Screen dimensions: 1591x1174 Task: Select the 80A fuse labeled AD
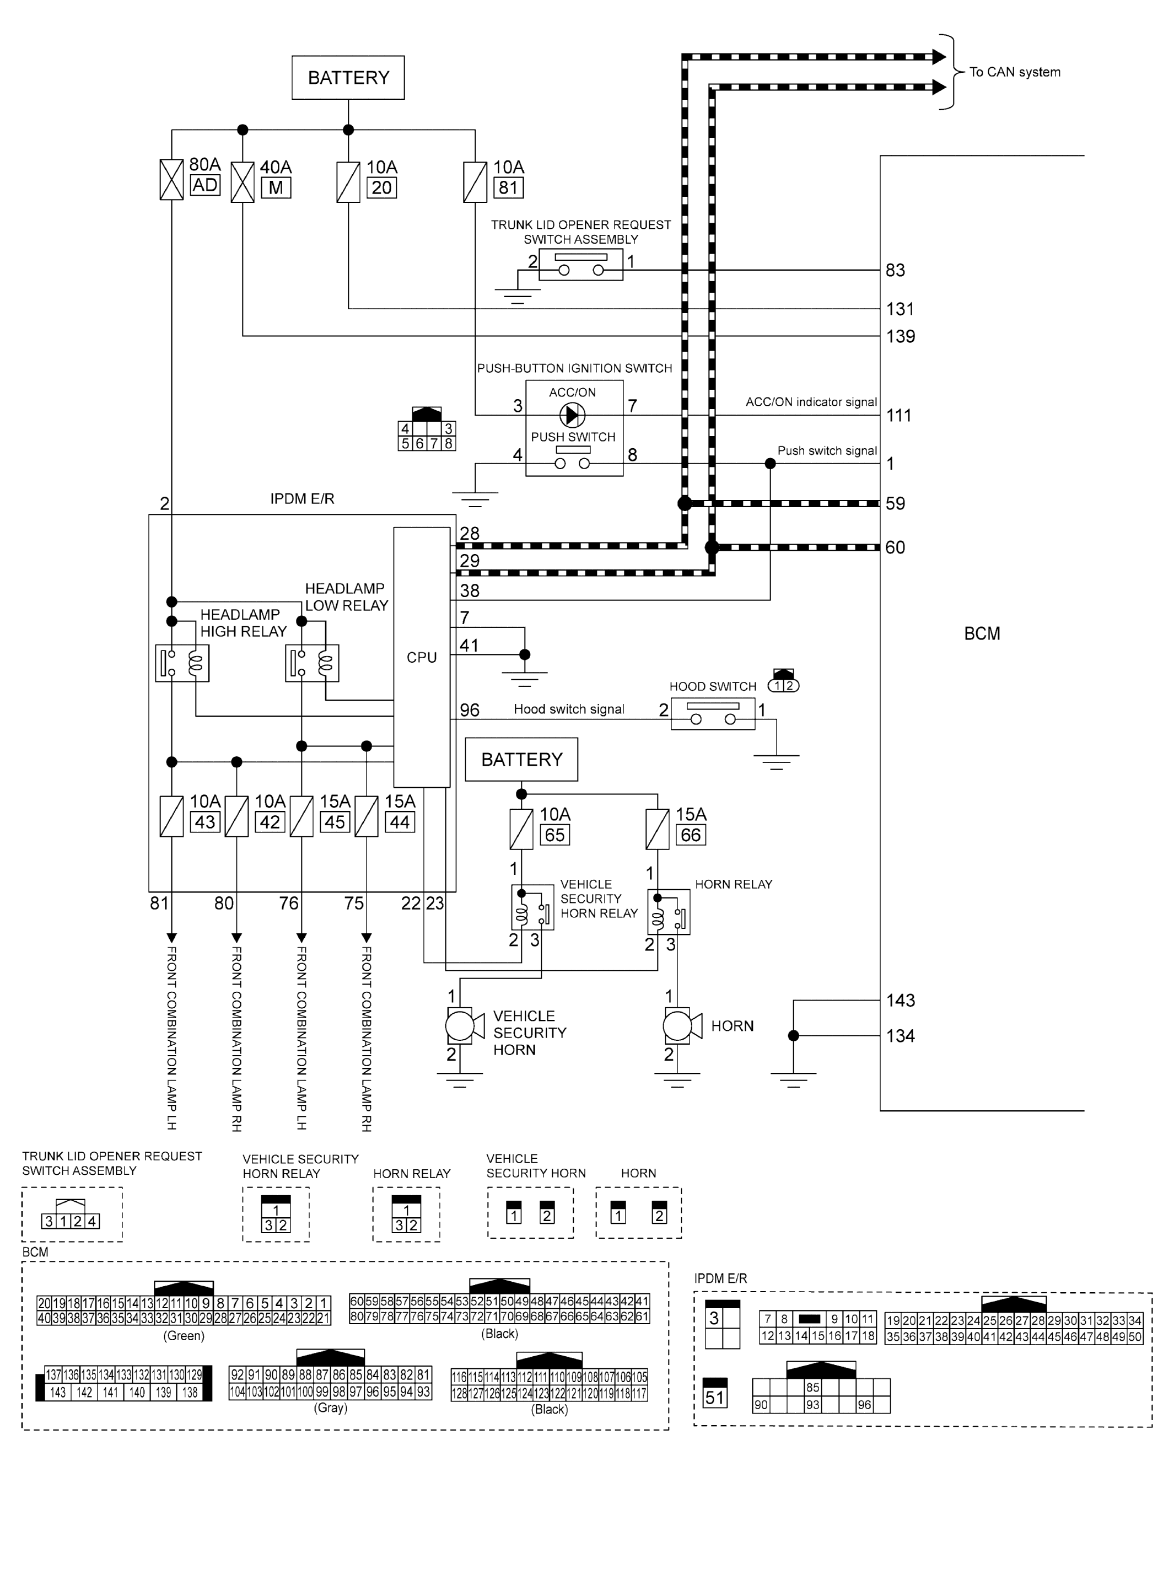[x=171, y=179]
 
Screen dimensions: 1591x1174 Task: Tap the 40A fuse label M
[x=276, y=189]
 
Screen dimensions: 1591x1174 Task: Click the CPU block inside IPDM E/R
[x=422, y=657]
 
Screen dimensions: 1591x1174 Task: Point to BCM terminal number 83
[x=896, y=271]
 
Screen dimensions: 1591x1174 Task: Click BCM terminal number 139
[x=901, y=336]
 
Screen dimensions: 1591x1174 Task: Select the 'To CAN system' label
[x=1014, y=72]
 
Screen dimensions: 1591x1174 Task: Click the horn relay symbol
[x=668, y=913]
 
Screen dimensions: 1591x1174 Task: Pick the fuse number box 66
[x=690, y=835]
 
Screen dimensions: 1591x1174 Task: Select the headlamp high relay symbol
[x=182, y=663]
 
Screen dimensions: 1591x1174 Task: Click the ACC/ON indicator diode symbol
[x=572, y=415]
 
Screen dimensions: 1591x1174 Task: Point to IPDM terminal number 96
[x=470, y=710]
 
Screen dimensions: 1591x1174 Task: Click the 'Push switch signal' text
[x=827, y=450]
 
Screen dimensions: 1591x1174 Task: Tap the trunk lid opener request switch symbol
[x=580, y=264]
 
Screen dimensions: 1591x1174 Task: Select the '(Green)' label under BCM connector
[x=184, y=1335]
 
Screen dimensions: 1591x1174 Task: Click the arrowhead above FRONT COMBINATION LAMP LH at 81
[x=171, y=938]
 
